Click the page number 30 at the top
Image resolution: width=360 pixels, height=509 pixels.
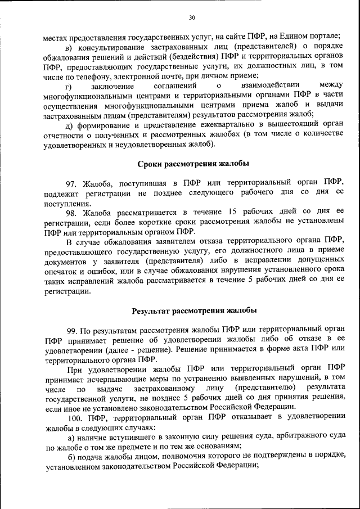pos(191,17)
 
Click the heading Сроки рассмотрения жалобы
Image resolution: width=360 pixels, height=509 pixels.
pos(193,164)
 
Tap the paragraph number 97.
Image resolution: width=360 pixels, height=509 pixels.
pos(73,183)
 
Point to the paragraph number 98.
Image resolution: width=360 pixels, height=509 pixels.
pos(73,213)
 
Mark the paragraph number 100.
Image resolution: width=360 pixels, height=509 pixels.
pos(75,418)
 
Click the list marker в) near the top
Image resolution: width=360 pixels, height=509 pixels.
pos(70,47)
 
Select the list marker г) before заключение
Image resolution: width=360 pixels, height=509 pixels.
pos(69,87)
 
